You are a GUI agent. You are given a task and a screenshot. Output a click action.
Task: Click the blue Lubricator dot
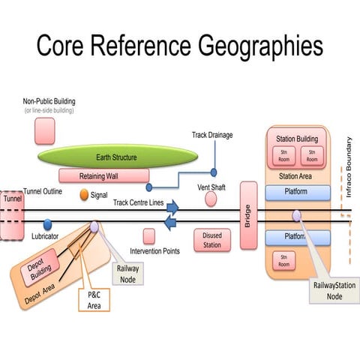[47, 224]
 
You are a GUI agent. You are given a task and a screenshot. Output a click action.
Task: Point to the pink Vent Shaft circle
[211, 199]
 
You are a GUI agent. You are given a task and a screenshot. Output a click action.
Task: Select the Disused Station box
[212, 240]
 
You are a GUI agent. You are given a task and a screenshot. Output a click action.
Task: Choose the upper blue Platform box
[298, 193]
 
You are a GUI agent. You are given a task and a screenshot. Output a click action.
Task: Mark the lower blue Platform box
[298, 237]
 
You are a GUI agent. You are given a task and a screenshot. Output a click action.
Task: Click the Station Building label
[297, 139]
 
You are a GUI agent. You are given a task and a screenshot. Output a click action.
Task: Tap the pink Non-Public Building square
[44, 130]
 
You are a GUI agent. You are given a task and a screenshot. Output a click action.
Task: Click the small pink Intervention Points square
[149, 236]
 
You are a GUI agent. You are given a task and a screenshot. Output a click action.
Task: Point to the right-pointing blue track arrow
[172, 206]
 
